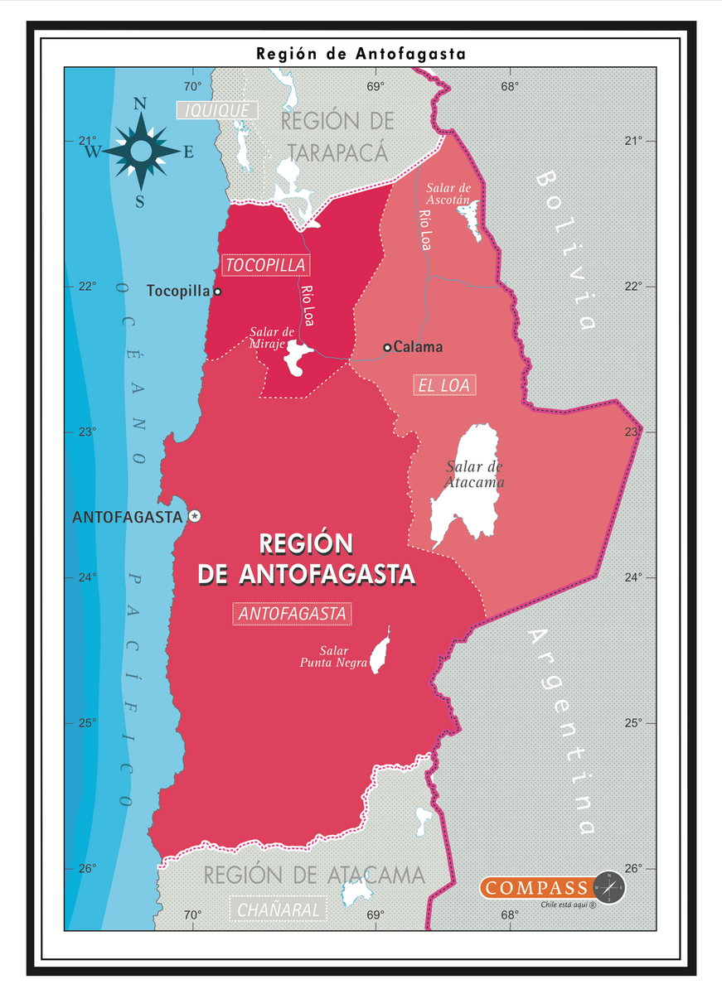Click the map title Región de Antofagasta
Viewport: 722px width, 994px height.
(x=361, y=54)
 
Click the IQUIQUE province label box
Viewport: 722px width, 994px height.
(x=217, y=110)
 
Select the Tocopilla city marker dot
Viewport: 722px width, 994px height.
(x=217, y=292)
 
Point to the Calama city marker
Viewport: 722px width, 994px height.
(x=387, y=347)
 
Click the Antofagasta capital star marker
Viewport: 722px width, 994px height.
(x=195, y=516)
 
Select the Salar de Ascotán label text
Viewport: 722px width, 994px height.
(x=448, y=194)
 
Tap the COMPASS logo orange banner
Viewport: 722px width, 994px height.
(x=536, y=888)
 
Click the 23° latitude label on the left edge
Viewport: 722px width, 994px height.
(x=87, y=432)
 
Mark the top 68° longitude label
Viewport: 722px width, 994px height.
(x=509, y=86)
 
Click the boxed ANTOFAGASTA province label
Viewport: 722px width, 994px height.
(x=293, y=614)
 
